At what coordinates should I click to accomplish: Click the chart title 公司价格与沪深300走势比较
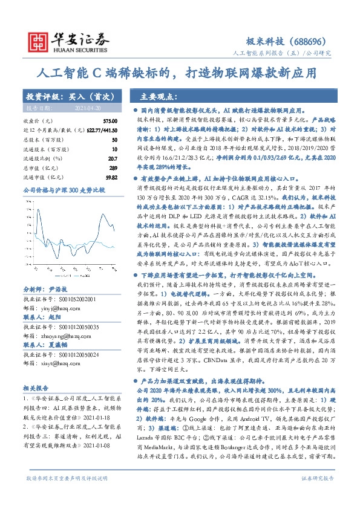(55, 190)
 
